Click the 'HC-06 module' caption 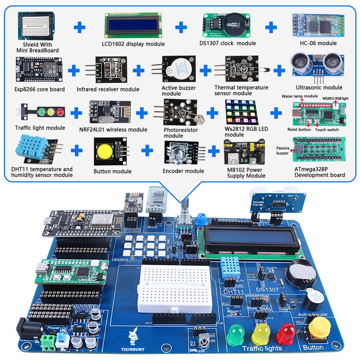click(x=318, y=43)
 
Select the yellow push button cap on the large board click(x=319, y=327)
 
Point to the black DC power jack click(x=26, y=330)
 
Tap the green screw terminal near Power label click(x=48, y=341)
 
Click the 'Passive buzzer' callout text click(x=283, y=150)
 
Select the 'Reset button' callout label click(x=299, y=130)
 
